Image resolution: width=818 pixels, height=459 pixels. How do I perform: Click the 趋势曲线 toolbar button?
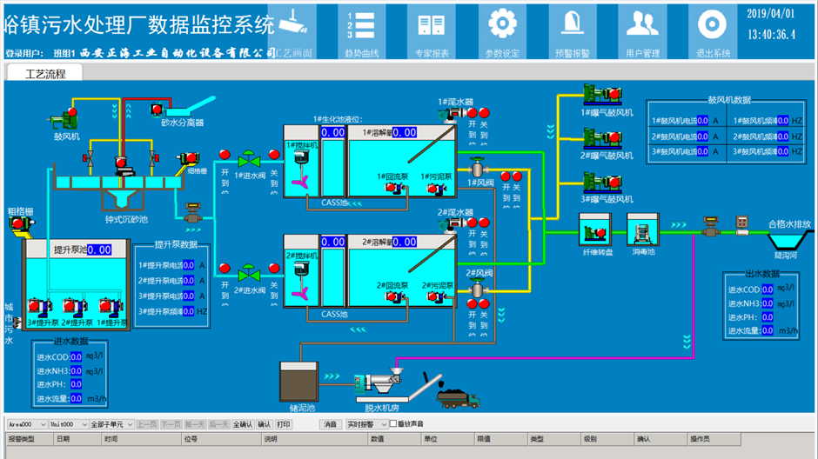pos(361,31)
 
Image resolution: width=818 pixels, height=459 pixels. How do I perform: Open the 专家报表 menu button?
pos(432,31)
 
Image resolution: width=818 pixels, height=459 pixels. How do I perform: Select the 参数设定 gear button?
pos(501,31)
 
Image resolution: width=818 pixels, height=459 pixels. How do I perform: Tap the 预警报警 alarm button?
pos(572,31)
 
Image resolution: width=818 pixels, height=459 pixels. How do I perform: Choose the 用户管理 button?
pos(642,31)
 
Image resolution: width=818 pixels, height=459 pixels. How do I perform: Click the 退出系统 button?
pos(713,31)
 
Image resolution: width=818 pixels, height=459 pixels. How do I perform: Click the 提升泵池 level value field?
pos(99,249)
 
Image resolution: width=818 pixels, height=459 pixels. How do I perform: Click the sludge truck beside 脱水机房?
pos(456,398)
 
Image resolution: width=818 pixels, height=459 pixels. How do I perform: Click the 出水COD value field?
pos(768,289)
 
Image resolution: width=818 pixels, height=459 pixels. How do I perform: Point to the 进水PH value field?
pos(76,384)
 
